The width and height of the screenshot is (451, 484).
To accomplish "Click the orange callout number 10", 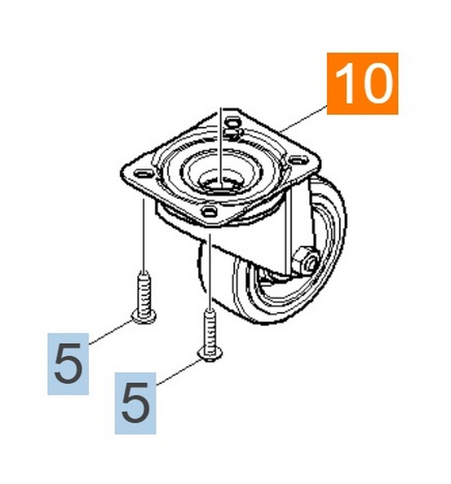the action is (362, 83).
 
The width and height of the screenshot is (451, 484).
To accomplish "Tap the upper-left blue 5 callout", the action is (69, 364).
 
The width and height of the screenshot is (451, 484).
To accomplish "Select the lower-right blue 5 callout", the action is (136, 403).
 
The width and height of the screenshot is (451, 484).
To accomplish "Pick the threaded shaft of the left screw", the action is (144, 293).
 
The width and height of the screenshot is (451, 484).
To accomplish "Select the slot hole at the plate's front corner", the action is (208, 211).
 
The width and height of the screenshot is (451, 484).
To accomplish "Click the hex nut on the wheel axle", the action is (305, 258).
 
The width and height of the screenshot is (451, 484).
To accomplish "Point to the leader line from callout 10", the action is (304, 118).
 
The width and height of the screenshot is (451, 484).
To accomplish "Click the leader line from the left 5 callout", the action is (111, 332).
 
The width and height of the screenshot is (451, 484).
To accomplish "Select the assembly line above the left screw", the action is (144, 235).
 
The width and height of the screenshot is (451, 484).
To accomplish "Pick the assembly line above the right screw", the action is (210, 272).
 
